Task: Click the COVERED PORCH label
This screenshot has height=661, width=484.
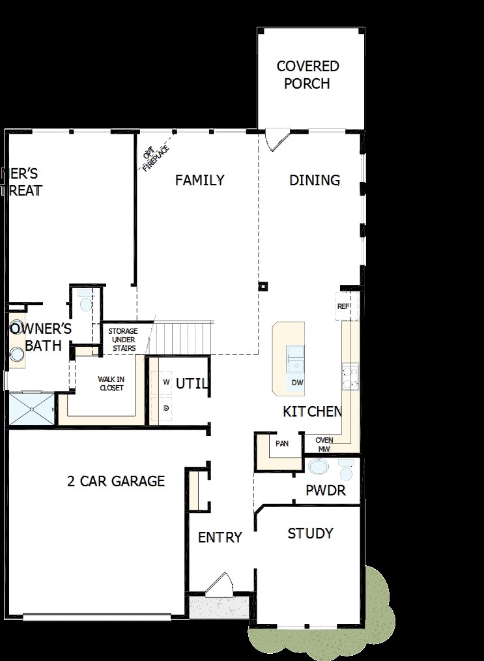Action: point(307,75)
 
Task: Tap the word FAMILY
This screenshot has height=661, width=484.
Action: point(199,181)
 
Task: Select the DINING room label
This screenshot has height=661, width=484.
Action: point(315,181)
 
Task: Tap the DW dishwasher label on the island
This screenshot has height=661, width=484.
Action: point(297,383)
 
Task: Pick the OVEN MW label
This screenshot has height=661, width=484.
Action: point(324,444)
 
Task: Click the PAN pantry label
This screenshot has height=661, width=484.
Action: point(282,444)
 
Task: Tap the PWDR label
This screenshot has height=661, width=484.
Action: point(325,491)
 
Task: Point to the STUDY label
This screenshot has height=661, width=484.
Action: point(310,534)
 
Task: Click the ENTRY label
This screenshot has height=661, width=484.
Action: point(220,538)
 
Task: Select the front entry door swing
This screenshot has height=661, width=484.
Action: point(220,584)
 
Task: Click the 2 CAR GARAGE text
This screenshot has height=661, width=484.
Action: point(116,482)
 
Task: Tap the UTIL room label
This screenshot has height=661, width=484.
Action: point(192,385)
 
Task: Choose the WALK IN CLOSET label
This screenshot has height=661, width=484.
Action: point(111,383)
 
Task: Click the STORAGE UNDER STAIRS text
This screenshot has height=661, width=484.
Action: point(122,340)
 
